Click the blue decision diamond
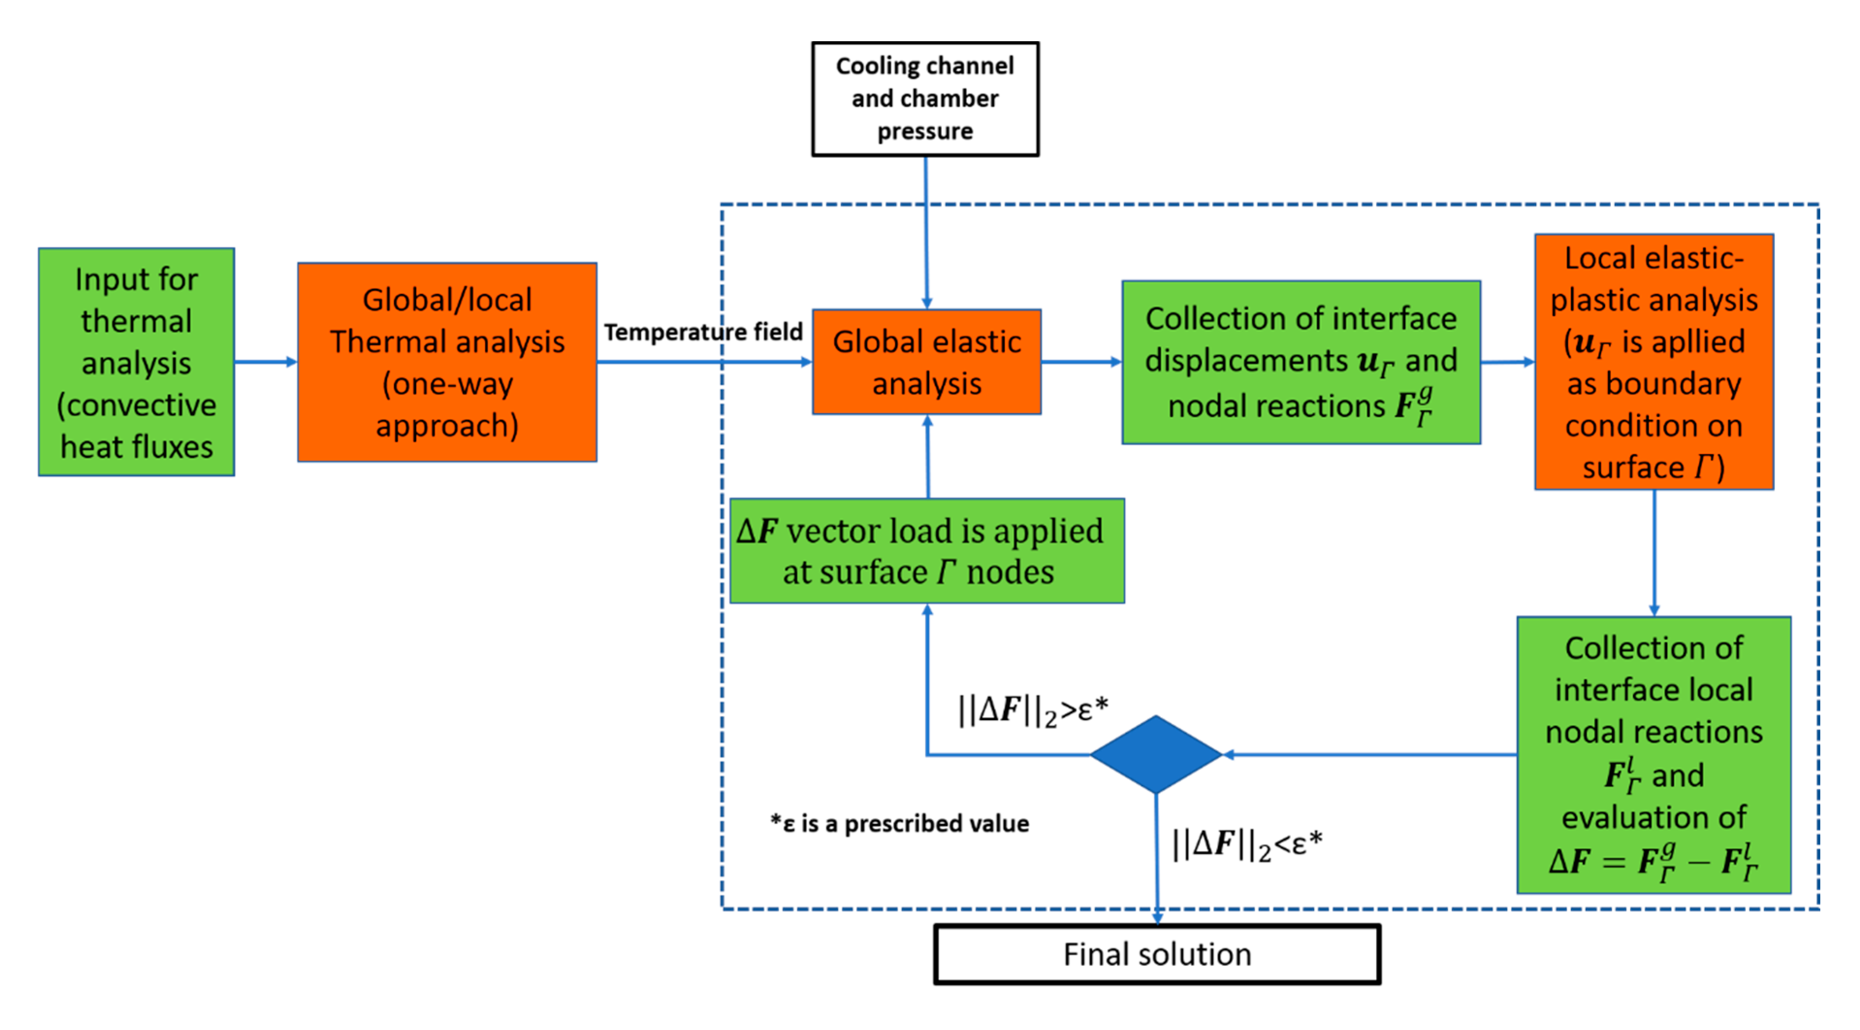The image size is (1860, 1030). (x=1156, y=755)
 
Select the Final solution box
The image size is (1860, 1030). (x=1157, y=954)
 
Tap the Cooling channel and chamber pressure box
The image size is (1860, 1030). (x=925, y=99)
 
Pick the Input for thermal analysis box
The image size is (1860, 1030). (x=137, y=362)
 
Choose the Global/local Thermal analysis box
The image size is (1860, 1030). (x=447, y=362)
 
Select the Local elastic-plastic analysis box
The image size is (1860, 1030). (x=1653, y=362)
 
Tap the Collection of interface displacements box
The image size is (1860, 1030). (x=1301, y=362)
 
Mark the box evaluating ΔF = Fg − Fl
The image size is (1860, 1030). (x=1653, y=755)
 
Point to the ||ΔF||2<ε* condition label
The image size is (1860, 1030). (x=1247, y=844)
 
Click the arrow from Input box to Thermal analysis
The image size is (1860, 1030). (x=266, y=362)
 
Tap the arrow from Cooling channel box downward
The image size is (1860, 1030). (x=926, y=231)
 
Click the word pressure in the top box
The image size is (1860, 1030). (x=925, y=131)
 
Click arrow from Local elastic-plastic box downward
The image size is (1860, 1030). (x=1654, y=552)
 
